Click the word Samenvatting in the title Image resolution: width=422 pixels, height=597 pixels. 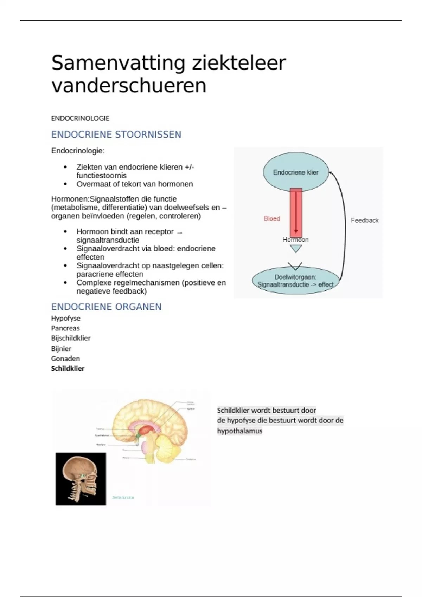click(118, 64)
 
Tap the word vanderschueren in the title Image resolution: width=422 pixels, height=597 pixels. click(129, 86)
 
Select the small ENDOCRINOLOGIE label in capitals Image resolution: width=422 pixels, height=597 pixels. click(80, 118)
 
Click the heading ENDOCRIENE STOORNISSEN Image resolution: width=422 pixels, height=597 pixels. click(116, 135)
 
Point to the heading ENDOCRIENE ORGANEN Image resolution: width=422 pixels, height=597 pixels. click(106, 307)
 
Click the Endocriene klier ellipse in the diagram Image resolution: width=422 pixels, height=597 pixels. click(296, 172)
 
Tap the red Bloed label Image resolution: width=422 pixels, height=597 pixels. click(272, 218)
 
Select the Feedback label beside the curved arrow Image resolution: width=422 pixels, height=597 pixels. click(365, 221)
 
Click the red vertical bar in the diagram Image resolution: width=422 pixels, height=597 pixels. click(296, 212)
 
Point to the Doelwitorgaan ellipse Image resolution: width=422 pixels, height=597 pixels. click(295, 281)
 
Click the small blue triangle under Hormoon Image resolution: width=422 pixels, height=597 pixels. click(296, 249)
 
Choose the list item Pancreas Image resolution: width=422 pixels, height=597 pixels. click(65, 328)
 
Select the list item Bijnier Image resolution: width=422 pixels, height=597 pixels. click(61, 349)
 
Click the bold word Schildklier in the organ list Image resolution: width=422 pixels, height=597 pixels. click(68, 369)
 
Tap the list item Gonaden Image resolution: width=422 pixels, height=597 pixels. click(65, 359)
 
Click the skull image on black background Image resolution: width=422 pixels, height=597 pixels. click(81, 479)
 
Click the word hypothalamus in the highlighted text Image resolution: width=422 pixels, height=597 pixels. click(239, 431)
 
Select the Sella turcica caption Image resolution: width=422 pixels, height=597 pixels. click(123, 497)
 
